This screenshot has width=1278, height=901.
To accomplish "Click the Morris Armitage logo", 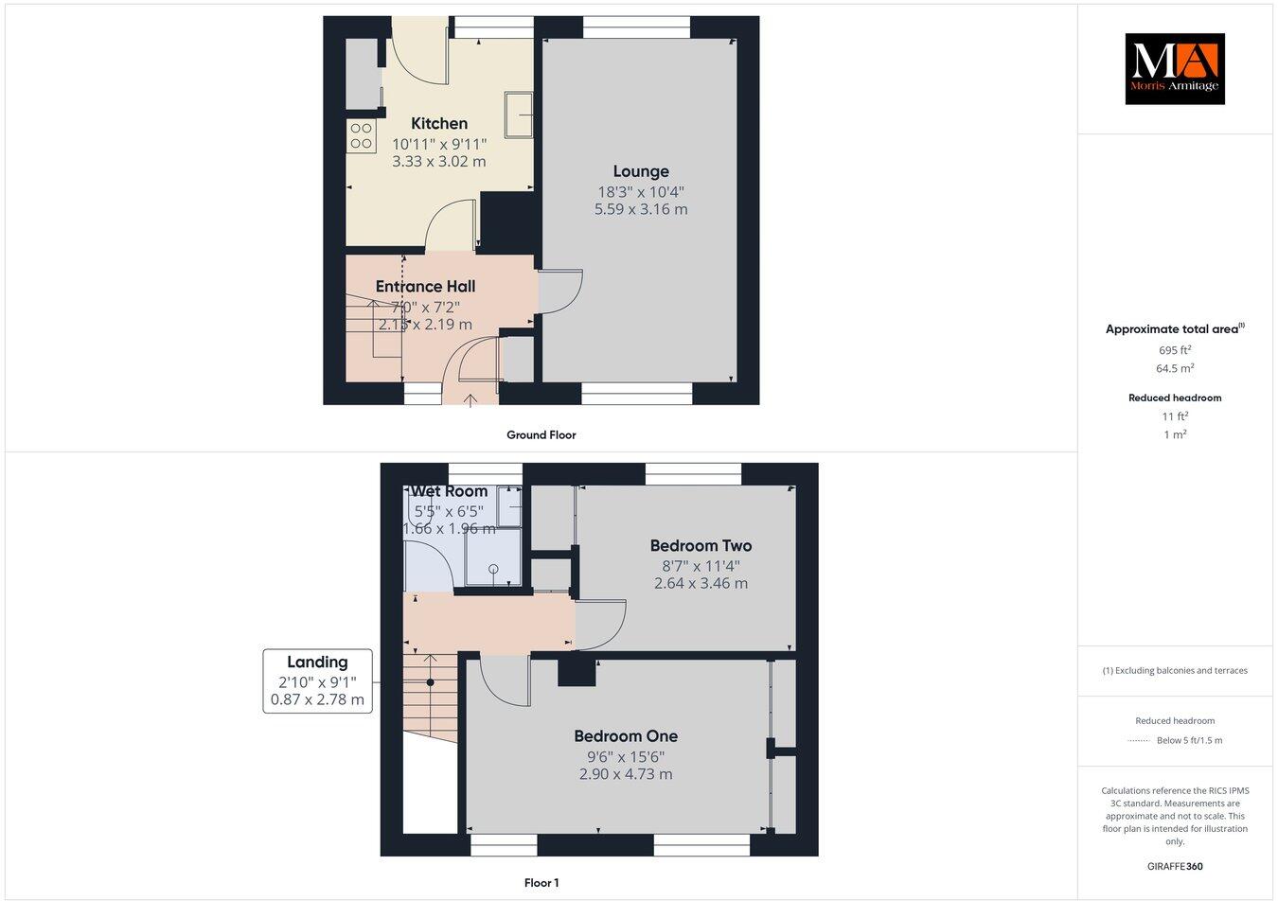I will point(1174,68).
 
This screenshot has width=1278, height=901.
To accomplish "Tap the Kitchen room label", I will point(439,123).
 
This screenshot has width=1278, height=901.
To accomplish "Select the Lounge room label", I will point(641,171).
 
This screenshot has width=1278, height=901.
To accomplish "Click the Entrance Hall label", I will point(425,286).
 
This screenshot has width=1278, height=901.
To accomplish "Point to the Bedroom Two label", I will point(701,545).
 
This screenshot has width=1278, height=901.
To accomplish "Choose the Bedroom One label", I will point(626,735).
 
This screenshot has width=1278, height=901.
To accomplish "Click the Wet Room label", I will point(449,491).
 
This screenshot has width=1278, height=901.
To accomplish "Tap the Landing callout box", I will point(317,680).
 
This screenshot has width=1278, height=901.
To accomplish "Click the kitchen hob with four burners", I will point(362,136).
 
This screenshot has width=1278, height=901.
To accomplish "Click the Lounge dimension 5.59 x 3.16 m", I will point(641,209).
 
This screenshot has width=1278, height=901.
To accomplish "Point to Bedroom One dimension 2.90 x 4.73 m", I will point(626,774).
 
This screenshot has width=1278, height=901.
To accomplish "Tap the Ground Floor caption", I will point(541,435).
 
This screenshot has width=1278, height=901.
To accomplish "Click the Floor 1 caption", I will point(541,883).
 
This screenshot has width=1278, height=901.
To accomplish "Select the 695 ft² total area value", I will point(1175,349).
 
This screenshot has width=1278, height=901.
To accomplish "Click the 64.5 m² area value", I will point(1175,369).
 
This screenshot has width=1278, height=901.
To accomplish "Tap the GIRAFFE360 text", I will point(1174,866).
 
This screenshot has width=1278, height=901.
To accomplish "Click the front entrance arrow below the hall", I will point(471,401).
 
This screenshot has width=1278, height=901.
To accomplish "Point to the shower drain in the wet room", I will point(493,569).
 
